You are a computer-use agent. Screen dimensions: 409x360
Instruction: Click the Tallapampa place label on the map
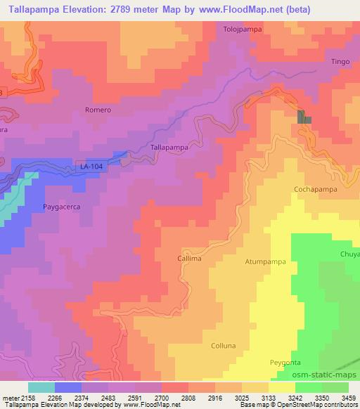click(169, 148)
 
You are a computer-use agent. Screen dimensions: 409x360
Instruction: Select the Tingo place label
click(340, 62)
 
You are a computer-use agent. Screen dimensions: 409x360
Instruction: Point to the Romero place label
click(98, 110)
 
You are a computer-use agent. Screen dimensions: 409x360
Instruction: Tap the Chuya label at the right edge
click(349, 254)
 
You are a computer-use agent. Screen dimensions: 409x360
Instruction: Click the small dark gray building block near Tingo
click(304, 117)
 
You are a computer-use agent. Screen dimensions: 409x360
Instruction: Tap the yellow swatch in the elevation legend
click(281, 387)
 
